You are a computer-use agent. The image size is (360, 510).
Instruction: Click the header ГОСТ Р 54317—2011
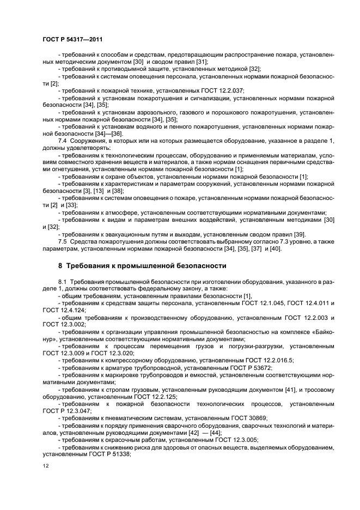click(72, 39)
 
